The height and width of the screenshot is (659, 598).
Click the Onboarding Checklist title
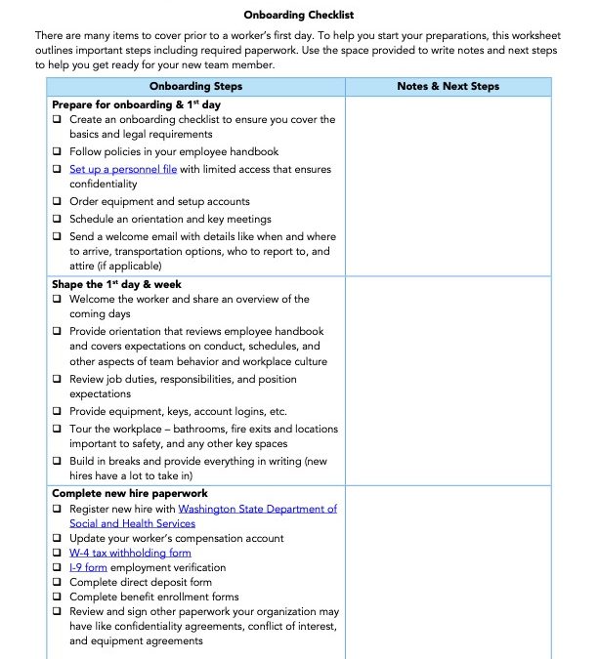(299, 16)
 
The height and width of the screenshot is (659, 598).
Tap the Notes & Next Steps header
(448, 86)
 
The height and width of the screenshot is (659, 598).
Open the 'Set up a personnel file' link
(123, 169)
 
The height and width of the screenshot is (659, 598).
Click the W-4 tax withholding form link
(130, 553)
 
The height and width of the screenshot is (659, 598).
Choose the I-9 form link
(88, 567)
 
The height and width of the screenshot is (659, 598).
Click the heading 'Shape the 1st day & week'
(116, 284)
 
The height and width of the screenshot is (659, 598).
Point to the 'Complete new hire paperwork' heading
(129, 494)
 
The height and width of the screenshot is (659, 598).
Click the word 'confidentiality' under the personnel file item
(104, 184)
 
